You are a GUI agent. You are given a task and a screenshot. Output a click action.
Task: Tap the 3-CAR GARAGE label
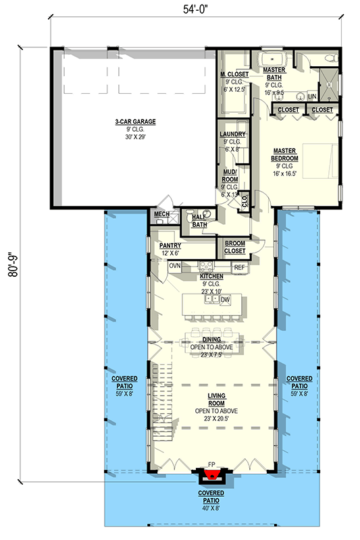click(x=135, y=122)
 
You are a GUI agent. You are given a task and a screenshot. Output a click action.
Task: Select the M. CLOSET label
click(x=235, y=74)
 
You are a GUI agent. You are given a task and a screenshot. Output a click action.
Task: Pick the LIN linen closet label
click(x=312, y=97)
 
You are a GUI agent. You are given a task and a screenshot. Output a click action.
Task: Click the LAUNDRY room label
click(x=232, y=134)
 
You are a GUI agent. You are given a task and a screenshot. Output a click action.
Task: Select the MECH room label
click(x=161, y=214)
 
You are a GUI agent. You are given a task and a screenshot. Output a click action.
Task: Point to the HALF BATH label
click(x=199, y=220)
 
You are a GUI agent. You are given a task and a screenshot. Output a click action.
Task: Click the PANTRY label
click(x=170, y=247)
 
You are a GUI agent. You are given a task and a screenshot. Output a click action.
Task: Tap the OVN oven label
click(x=174, y=266)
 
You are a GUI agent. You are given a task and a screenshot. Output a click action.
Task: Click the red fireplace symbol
click(x=211, y=477)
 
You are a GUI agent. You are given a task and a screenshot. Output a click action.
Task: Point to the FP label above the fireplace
click(x=211, y=465)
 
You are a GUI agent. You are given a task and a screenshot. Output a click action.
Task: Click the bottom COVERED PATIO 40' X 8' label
click(x=211, y=497)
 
